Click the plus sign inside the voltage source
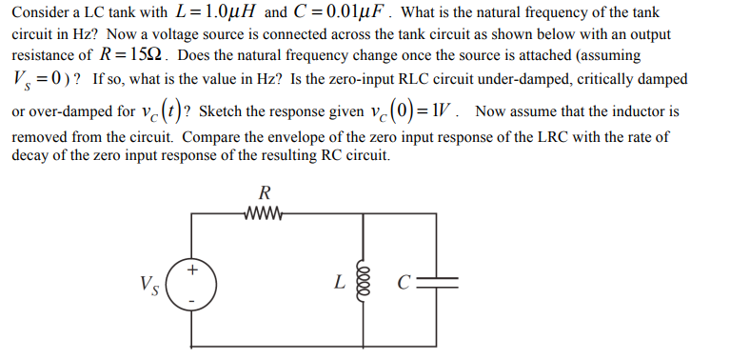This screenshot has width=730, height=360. click(x=192, y=271)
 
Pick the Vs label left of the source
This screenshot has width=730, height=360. click(x=148, y=284)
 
